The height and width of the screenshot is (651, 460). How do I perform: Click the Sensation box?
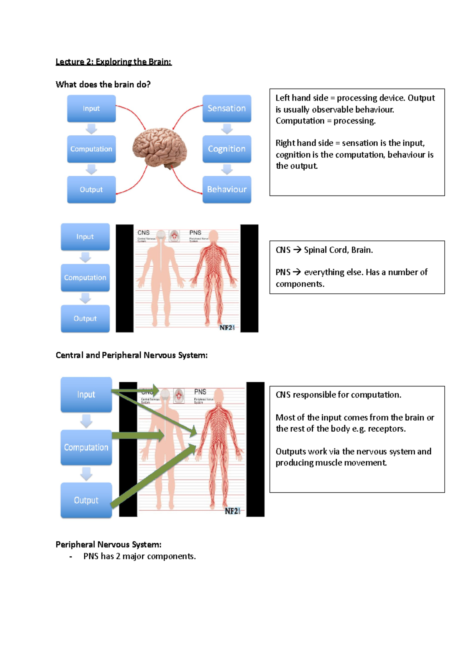point(227,108)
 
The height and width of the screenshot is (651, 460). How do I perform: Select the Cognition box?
point(227,149)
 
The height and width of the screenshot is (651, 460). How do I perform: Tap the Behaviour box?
point(227,189)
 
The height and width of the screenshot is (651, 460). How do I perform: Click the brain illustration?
point(159,148)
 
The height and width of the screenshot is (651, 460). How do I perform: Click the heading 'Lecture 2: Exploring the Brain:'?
point(113,62)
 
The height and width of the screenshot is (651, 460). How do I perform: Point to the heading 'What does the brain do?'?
point(103,84)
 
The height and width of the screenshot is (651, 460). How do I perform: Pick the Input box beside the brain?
point(91,108)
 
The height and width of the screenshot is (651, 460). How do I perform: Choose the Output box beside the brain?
point(91,189)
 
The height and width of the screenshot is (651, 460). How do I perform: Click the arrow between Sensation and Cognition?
point(227,129)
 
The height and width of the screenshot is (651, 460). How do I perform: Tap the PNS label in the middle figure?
point(195,233)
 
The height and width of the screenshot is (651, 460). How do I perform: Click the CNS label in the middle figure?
point(143,233)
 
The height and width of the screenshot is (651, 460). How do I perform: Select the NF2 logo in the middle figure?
point(227,327)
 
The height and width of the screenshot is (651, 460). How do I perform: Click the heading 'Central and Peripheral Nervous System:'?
point(131,355)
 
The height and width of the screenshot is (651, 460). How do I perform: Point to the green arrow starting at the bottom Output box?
point(153,475)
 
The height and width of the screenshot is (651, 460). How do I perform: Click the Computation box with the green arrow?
point(86,447)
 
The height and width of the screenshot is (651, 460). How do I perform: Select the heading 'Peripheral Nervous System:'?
point(108,544)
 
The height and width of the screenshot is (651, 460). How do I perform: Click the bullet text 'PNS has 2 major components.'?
point(140,556)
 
